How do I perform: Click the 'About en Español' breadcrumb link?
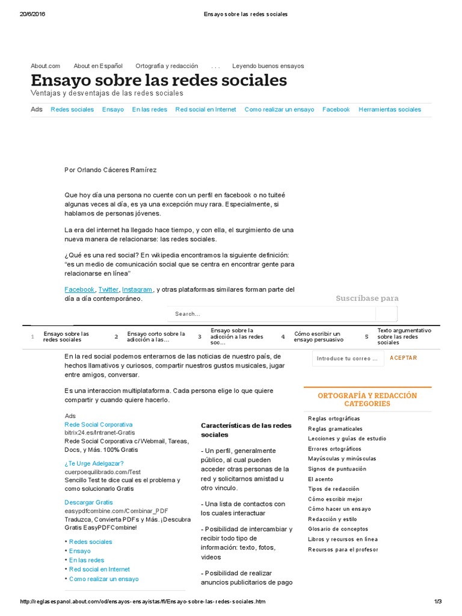(97, 66)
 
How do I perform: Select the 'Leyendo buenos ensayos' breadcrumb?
(268, 66)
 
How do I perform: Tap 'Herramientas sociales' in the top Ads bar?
(389, 109)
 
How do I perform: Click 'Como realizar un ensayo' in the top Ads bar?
(279, 109)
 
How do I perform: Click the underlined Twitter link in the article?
(108, 289)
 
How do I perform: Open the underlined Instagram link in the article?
(137, 289)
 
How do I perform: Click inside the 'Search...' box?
(271, 314)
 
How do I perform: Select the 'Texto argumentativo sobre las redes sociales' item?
(404, 336)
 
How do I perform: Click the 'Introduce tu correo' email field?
(347, 359)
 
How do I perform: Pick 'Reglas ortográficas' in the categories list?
(334, 418)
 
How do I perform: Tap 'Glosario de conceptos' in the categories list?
(337, 529)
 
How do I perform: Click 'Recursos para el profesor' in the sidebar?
(343, 549)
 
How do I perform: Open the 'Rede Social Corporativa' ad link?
(98, 424)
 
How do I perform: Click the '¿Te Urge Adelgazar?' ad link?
(94, 463)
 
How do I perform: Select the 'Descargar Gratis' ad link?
(88, 502)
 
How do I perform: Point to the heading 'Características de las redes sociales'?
(245, 430)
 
